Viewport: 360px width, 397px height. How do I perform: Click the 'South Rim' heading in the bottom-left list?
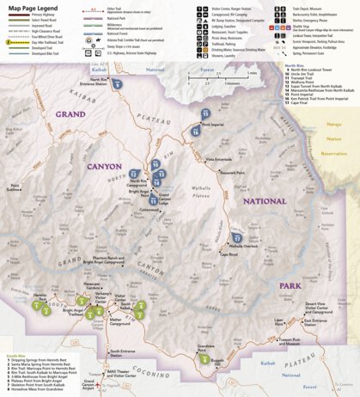point(15,354)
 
